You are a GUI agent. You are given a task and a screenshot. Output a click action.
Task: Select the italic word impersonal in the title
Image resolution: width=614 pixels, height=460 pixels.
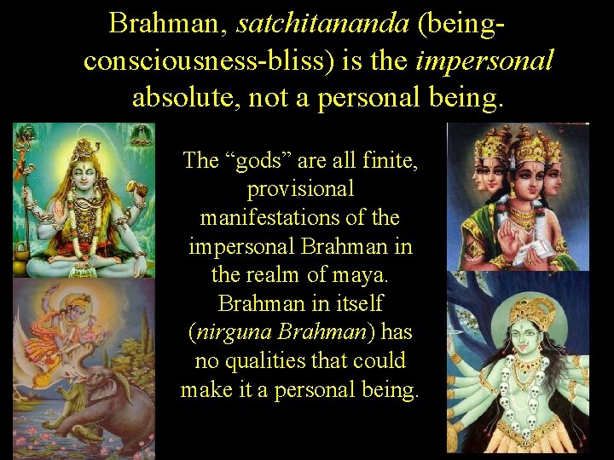point(484,60)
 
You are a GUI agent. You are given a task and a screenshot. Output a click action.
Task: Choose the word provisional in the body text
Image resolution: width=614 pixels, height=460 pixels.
point(300,188)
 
